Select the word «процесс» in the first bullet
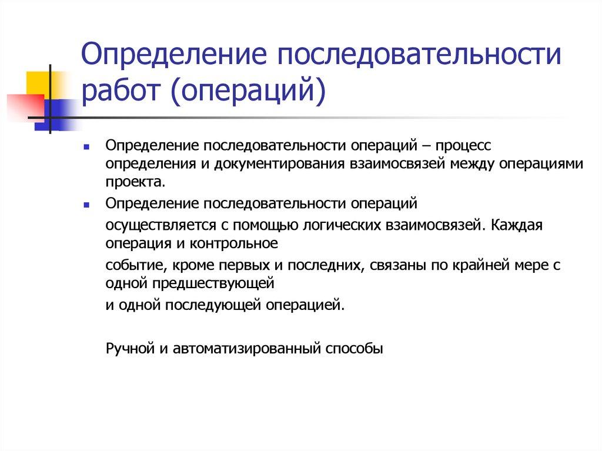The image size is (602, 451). pyautogui.click(x=458, y=145)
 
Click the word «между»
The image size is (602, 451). pyautogui.click(x=472, y=163)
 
